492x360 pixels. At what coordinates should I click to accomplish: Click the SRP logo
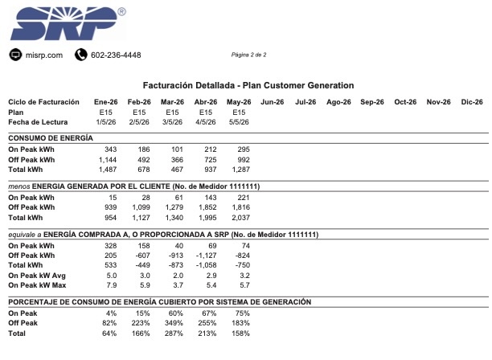pos(68,23)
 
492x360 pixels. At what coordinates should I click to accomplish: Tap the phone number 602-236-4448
pos(116,55)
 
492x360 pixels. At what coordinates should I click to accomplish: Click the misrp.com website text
pos(44,55)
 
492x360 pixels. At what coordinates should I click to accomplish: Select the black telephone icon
pos(81,55)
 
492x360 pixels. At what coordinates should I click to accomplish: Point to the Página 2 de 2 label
pos(249,55)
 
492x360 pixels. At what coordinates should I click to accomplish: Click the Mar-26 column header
pos(172,102)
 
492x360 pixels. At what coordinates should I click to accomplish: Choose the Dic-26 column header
pos(472,102)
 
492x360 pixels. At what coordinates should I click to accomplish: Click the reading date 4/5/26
pos(206,122)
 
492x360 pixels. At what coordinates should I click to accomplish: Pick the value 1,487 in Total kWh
pos(108,170)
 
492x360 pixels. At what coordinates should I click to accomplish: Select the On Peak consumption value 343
pos(110,149)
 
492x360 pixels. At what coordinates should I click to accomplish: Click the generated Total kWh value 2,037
pos(240,218)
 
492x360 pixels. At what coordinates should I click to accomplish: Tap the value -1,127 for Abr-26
pos(206,256)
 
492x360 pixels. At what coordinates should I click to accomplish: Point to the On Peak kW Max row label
pos(37,285)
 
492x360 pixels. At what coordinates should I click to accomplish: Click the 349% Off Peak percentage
pos(174,323)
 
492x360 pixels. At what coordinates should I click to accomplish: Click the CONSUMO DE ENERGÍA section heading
pos(51,138)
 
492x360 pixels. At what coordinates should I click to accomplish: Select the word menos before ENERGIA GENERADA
pos(19,186)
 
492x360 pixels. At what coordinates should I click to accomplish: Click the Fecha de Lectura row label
pos(38,122)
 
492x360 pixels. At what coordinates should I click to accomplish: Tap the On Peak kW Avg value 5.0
pos(112,276)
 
